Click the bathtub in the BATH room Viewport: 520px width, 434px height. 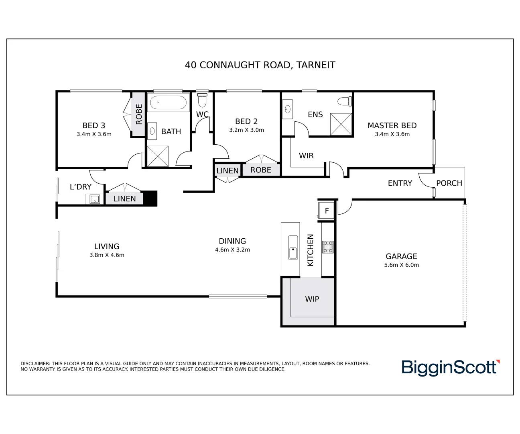pos(168,103)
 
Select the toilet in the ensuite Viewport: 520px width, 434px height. pos(344,101)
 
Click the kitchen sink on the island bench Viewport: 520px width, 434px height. pos(293,248)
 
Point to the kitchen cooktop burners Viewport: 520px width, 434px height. pos(328,247)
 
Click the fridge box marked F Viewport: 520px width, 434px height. pos(327,211)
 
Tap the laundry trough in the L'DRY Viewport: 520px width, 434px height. pos(95,199)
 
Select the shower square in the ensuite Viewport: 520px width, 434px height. pos(341,124)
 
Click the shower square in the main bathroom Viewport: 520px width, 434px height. pos(157,156)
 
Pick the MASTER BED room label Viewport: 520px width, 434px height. pos(392,125)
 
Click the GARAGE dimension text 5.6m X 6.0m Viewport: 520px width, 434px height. pos(401,265)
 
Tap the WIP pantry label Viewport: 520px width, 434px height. pos(312,299)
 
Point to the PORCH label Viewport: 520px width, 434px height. pos(449,183)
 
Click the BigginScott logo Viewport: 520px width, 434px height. pos(450,368)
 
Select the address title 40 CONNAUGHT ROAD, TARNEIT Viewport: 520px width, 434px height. pos(260,65)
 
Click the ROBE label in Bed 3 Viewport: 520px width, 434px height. pos(139,114)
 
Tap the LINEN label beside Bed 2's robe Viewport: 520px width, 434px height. pos(227,171)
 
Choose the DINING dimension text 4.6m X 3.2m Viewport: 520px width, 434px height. pos(232,250)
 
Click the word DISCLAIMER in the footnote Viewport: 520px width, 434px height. pos(35,364)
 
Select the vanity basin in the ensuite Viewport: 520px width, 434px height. pos(287,109)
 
